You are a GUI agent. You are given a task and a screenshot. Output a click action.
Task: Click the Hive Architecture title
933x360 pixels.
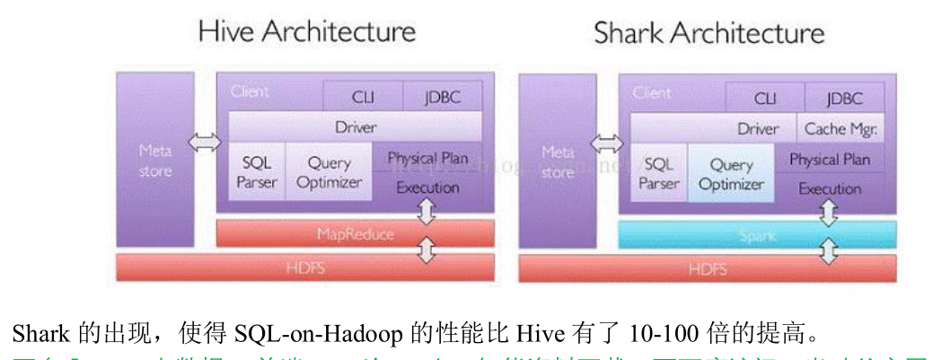click(x=306, y=32)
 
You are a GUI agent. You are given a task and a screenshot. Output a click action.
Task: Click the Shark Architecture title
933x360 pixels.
click(x=708, y=33)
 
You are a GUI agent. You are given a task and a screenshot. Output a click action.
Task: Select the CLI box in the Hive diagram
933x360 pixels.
click(x=363, y=97)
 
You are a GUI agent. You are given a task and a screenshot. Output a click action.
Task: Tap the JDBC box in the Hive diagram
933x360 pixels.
click(x=442, y=97)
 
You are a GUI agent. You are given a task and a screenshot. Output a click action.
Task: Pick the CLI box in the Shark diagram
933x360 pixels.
click(x=765, y=98)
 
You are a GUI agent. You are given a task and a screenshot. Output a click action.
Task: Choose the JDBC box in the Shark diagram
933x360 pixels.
click(x=844, y=98)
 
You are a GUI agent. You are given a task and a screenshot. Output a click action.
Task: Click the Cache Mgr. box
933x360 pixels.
click(x=841, y=128)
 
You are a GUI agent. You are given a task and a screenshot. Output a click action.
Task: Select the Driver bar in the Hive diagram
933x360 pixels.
click(x=356, y=127)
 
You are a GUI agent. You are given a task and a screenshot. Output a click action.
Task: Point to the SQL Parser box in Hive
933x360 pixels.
click(x=257, y=172)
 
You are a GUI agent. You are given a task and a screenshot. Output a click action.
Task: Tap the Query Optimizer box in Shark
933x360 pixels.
click(x=731, y=175)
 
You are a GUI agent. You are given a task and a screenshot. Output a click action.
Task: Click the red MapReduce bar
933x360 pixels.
click(x=356, y=233)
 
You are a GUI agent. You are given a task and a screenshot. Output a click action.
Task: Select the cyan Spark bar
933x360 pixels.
click(x=757, y=235)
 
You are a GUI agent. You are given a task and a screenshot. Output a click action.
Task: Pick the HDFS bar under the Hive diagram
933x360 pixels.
click(x=305, y=267)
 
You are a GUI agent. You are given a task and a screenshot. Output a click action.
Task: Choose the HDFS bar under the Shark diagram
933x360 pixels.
click(x=707, y=268)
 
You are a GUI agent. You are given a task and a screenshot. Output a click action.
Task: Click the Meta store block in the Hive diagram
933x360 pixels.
click(x=155, y=159)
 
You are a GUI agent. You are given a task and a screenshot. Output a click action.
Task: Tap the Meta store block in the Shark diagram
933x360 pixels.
click(x=558, y=162)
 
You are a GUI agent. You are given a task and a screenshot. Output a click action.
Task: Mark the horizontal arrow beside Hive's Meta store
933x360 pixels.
click(x=206, y=141)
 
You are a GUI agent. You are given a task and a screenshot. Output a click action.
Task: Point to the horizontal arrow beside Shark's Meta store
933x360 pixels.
click(x=608, y=143)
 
